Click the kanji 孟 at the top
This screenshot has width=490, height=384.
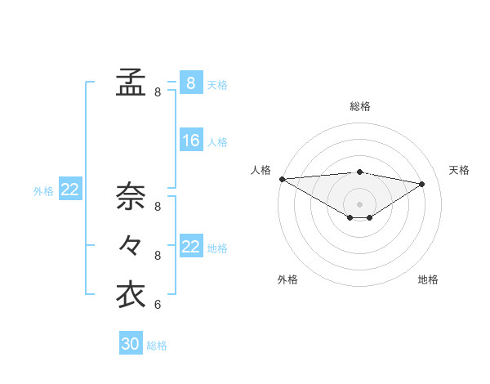tap(131, 82)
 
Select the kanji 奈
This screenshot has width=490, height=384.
tap(131, 196)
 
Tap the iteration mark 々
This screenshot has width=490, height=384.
tap(131, 244)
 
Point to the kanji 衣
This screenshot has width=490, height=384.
tap(131, 294)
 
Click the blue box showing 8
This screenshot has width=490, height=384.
tap(190, 83)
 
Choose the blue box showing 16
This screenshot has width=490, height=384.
tap(190, 141)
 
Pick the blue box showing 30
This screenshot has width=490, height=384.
tap(131, 344)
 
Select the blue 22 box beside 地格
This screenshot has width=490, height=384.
tap(190, 247)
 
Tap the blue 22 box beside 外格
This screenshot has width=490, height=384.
tap(70, 190)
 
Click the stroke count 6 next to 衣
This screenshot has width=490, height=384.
tap(158, 306)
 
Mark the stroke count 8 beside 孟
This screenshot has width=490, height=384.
tap(158, 93)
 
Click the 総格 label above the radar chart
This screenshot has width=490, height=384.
tap(360, 106)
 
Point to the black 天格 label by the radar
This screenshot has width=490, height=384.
tap(460, 170)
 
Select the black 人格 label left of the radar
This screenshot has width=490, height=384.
tap(261, 170)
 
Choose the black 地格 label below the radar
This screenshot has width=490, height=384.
tap(428, 279)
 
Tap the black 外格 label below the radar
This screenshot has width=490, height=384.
tap(287, 279)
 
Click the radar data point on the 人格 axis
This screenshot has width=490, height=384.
tap(282, 178)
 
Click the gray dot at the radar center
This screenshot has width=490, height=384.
tap(359, 203)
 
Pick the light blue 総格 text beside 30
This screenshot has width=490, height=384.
tap(157, 346)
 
